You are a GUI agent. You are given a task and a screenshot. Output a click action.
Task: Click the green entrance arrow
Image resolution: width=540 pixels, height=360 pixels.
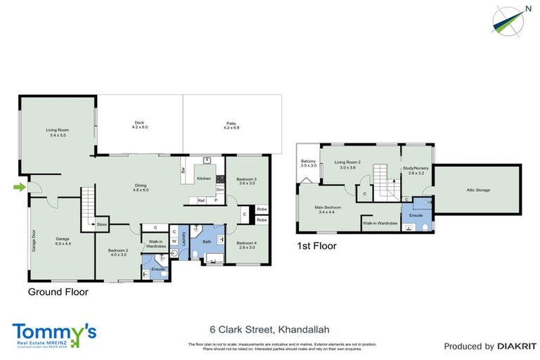click(x=20, y=186)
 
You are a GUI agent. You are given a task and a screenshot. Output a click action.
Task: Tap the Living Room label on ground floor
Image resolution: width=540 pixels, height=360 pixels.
click(x=57, y=132)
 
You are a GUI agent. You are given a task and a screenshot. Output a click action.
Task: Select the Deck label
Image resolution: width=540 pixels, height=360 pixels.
click(x=139, y=124)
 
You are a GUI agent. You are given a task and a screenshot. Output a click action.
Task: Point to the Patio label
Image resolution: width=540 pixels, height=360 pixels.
click(x=231, y=124)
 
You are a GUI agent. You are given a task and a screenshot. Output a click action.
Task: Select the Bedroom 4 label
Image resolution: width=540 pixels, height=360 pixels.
click(x=245, y=243)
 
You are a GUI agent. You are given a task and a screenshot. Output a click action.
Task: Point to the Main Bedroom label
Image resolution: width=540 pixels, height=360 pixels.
click(x=328, y=209)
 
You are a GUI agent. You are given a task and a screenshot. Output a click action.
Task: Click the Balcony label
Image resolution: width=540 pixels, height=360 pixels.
click(x=308, y=162)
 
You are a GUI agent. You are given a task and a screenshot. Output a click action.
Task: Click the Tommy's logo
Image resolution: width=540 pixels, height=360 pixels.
click(x=53, y=335)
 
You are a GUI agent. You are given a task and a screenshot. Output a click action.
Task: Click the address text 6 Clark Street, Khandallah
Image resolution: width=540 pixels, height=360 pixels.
click(x=269, y=329)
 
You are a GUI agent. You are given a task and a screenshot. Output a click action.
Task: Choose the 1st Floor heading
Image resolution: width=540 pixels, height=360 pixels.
click(x=316, y=246)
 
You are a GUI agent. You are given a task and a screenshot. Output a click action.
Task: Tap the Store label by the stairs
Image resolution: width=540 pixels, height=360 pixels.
click(x=102, y=225)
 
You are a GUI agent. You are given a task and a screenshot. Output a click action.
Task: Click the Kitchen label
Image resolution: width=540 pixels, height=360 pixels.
click(x=204, y=179)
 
